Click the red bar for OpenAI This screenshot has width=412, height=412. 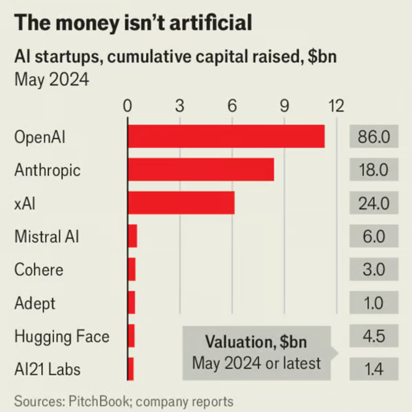click(x=226, y=136)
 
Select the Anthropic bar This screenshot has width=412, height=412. click(x=201, y=169)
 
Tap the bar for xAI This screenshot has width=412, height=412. click(x=181, y=203)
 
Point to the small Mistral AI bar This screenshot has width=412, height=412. click(x=132, y=236)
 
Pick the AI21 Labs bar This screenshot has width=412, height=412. click(x=131, y=369)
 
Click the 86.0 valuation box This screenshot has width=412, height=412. click(x=373, y=137)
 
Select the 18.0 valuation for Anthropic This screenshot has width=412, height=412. click(x=373, y=170)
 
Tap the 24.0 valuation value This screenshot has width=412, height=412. click(x=373, y=203)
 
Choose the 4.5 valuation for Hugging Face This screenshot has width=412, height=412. click(x=373, y=336)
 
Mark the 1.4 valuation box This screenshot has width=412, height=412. click(x=373, y=369)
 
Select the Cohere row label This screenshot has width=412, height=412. click(x=39, y=270)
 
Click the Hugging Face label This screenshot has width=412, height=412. click(x=62, y=337)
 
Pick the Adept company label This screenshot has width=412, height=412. click(x=35, y=303)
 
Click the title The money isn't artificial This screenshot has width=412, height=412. click(x=133, y=23)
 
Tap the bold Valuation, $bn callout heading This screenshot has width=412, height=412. click(x=256, y=342)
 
